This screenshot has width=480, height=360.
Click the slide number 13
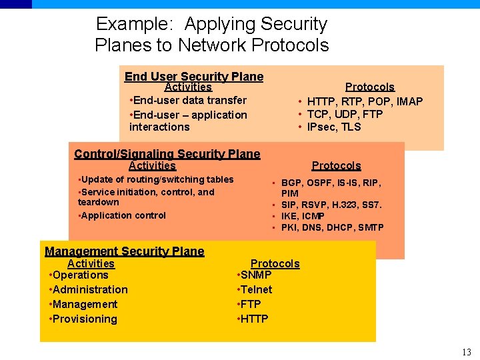pos(466,352)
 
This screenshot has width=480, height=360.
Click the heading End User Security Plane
pos(194,77)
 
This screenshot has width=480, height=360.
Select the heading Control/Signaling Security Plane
pos(167,154)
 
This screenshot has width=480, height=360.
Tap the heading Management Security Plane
pos(125,251)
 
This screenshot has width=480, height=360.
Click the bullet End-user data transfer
pos(189,100)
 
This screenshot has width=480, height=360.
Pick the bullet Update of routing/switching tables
pos(157,179)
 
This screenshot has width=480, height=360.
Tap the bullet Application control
pos(123,215)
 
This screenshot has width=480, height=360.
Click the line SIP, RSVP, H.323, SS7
pos(331,205)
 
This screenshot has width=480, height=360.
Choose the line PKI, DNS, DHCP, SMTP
pos(332,227)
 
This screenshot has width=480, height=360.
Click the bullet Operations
pos(79,275)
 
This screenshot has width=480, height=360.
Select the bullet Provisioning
pos(84,319)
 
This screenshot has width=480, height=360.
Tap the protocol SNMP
pos(255,275)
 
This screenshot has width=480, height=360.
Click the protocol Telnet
pos(256,289)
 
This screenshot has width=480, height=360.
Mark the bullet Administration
pos(89,289)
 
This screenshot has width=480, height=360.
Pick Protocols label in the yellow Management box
pos(275,263)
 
